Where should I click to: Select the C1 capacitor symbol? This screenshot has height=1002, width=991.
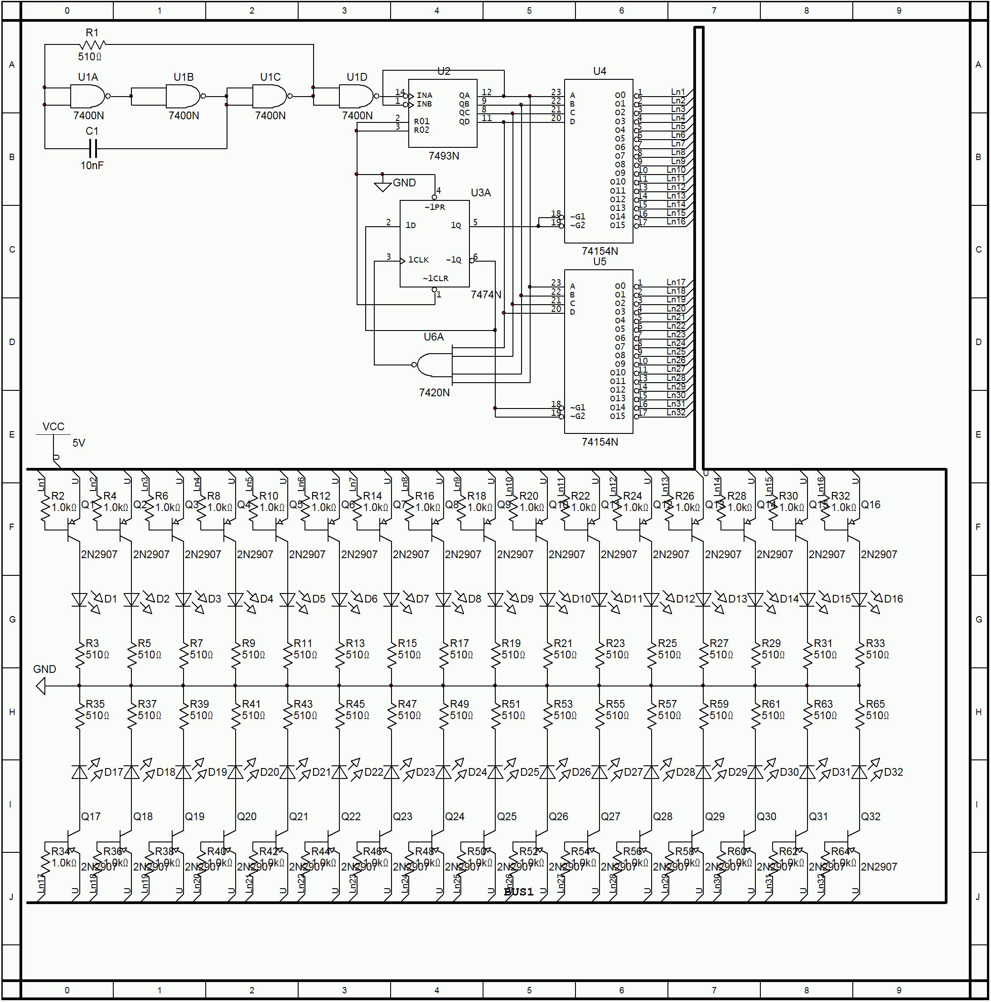coord(92,149)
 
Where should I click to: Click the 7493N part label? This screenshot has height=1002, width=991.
coord(444,156)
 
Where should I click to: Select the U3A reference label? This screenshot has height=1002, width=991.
coord(480,193)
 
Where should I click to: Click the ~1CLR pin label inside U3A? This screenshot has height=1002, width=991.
coord(435,278)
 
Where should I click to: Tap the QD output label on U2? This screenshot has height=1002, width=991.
coord(464,122)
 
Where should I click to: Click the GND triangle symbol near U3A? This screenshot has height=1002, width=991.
coord(382,187)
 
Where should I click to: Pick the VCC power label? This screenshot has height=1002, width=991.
coord(53,427)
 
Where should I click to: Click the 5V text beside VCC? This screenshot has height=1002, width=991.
coord(79,443)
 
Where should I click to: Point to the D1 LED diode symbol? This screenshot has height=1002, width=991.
coord(79,600)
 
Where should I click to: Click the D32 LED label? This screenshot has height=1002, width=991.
coord(894,772)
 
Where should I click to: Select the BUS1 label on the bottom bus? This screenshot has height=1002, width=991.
coord(518,892)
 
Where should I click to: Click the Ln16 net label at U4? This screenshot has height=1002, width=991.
coord(676,222)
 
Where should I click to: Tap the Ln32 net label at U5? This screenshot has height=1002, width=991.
coord(676,413)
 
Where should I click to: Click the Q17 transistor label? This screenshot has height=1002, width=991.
coord(91,817)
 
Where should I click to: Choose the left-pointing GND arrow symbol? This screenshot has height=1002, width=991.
coord(40,687)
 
